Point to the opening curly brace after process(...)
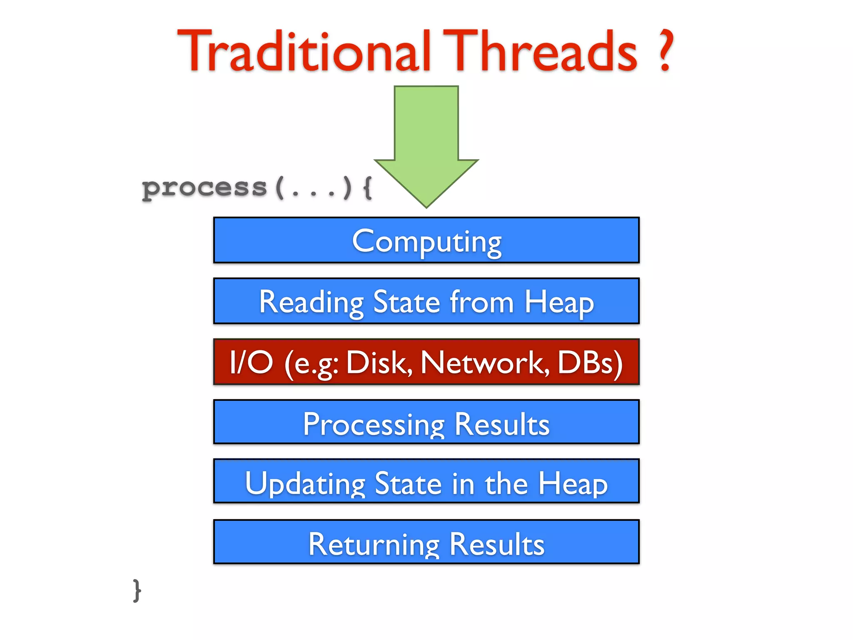click(x=367, y=187)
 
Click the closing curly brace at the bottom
click(x=137, y=590)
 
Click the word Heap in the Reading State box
click(x=559, y=302)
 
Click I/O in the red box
click(x=251, y=362)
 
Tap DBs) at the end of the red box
click(x=590, y=362)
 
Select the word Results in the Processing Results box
click(x=501, y=424)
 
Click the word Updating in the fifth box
click(x=305, y=483)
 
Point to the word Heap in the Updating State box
click(x=573, y=483)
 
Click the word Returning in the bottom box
click(x=374, y=544)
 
